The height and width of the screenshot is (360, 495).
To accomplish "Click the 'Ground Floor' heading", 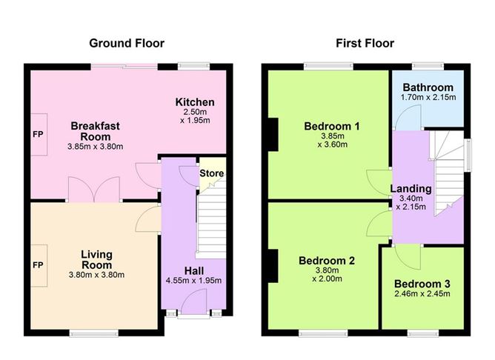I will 127,43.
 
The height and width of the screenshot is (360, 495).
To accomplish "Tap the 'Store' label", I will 211,174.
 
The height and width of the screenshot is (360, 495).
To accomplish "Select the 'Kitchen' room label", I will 195,102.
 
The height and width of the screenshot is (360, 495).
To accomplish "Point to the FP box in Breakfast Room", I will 38,136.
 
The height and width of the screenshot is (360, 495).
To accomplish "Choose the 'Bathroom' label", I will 428,87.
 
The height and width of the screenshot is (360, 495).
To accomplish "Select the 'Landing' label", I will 411,189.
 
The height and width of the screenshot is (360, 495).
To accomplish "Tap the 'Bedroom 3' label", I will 422,284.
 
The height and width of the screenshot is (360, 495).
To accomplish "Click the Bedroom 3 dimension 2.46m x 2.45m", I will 422,294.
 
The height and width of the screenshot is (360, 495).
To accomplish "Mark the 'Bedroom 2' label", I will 327,261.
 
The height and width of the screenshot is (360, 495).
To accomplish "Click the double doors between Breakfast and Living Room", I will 93,190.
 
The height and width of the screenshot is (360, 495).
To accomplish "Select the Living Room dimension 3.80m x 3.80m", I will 96,275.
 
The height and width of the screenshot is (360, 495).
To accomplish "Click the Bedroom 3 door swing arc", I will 407,256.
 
